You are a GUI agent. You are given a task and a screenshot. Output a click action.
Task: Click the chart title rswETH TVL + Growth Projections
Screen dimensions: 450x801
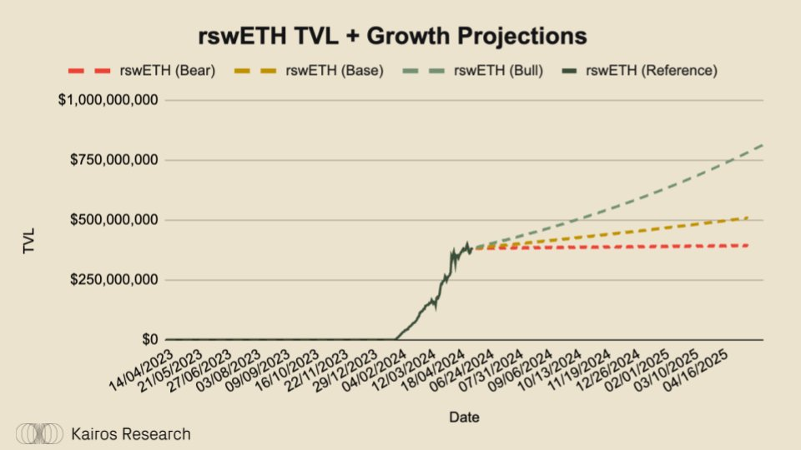coord(392,37)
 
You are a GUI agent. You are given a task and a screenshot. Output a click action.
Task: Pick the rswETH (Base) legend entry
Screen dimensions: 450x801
coord(340,71)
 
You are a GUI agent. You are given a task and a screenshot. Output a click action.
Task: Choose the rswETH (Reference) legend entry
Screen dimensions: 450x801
coord(652,71)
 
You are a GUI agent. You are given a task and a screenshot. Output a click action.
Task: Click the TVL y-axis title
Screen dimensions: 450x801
coord(30,241)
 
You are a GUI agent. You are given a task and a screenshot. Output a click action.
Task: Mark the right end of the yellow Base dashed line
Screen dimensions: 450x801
coord(748,217)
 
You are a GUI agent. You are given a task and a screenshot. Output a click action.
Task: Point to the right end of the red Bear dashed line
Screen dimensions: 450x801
coord(748,245)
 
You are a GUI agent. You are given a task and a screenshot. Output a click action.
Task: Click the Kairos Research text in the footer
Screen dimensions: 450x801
coord(130,434)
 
